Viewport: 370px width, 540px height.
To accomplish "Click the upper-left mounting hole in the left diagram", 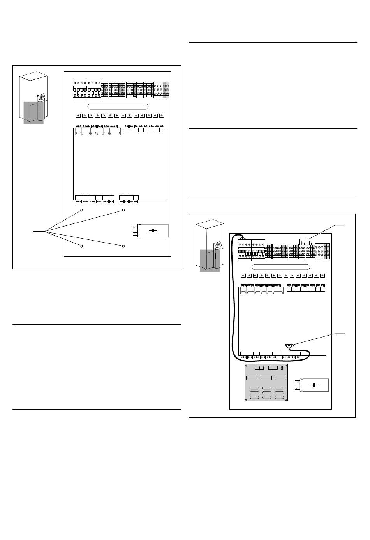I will pos(82,210).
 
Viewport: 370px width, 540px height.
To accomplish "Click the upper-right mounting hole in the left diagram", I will pos(123,210).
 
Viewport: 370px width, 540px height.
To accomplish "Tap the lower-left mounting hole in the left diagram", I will pos(82,246).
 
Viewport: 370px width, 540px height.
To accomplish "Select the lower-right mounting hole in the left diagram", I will pos(123,246).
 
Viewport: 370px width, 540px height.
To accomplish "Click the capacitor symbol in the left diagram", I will pos(153,230).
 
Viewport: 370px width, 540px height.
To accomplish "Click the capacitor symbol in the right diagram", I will pos(314,385).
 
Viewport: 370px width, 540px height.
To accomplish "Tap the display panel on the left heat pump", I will pos(41,97).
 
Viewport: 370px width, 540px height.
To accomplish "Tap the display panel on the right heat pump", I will pos(218,244).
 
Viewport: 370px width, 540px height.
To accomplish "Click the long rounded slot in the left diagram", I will pos(118,107).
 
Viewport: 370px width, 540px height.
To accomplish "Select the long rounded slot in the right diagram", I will pos(281,267).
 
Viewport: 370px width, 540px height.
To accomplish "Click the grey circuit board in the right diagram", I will pos(266,382).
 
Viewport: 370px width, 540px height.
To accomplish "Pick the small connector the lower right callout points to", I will pos(289,345).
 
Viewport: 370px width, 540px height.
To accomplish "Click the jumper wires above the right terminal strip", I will pos(305,242).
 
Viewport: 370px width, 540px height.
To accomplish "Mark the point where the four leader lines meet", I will pos(45,232).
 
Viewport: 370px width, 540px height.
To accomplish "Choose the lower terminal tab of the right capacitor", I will pos(296,389).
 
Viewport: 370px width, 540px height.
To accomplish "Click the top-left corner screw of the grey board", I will pos(247,366).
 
